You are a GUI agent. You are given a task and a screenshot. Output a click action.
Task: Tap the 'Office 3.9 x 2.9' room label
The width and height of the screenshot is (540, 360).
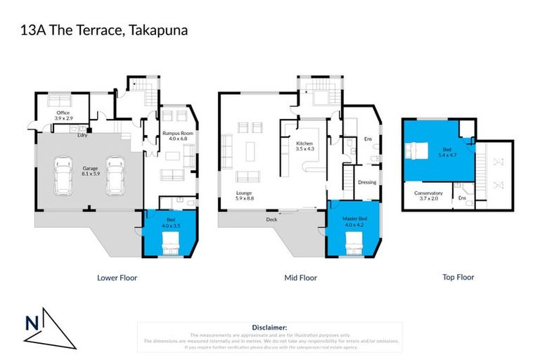pos(62,115)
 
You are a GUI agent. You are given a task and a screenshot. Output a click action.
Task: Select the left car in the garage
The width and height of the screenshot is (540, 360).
pos(63,178)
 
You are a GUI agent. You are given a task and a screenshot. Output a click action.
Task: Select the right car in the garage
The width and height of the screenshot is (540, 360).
pos(115,178)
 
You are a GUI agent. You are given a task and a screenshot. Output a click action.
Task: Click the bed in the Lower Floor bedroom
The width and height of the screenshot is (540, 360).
pos(172,245)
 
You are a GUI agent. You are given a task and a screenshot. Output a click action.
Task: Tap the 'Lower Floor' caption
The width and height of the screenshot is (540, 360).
pos(117,278)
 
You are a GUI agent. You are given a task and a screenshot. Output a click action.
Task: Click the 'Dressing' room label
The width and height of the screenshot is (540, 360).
pos(367,182)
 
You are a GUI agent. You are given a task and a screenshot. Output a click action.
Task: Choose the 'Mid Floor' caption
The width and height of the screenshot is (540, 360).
pos(300,278)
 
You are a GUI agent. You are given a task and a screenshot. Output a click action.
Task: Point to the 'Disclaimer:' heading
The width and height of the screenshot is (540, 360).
pos(269,328)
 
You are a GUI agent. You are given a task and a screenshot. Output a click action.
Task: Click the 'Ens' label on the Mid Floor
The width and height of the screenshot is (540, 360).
pos(367,139)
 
